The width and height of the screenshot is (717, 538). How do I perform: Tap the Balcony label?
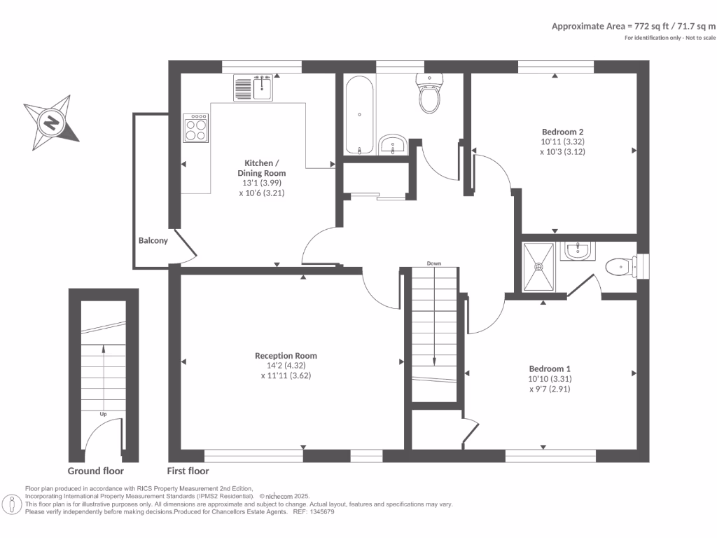point(153,240)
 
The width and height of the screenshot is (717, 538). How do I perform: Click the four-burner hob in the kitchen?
point(196,128)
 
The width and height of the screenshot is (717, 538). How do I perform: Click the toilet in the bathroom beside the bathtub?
point(429,93)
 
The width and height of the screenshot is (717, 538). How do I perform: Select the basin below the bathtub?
point(393,145)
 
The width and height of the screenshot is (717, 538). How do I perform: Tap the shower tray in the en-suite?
point(540,266)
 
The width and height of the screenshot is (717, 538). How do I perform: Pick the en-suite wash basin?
point(578,250)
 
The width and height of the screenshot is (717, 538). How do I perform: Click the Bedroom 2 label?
point(563,132)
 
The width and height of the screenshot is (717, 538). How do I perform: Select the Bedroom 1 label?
point(550,369)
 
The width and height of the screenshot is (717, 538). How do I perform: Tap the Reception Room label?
point(286,355)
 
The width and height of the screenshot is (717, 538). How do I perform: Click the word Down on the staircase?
point(434,263)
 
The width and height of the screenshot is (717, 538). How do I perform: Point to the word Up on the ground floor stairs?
point(103,413)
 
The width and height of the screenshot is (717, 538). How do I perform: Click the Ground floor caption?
point(96,471)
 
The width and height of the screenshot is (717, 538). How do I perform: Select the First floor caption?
point(188,471)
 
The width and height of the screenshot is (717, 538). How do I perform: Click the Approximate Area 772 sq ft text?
point(634,26)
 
